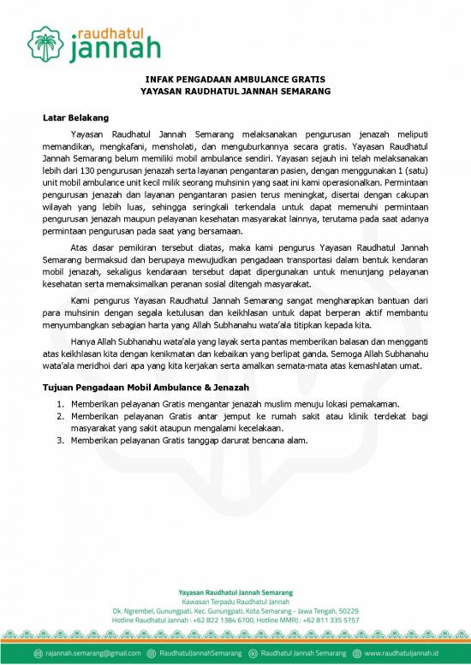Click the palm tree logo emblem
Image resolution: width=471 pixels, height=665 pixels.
45,40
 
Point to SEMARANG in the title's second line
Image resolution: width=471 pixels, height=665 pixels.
301,90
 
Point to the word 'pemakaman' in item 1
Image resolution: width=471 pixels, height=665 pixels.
373,403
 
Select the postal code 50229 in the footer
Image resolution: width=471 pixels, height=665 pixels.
346,609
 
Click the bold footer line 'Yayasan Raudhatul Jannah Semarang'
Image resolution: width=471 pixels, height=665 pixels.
235,591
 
